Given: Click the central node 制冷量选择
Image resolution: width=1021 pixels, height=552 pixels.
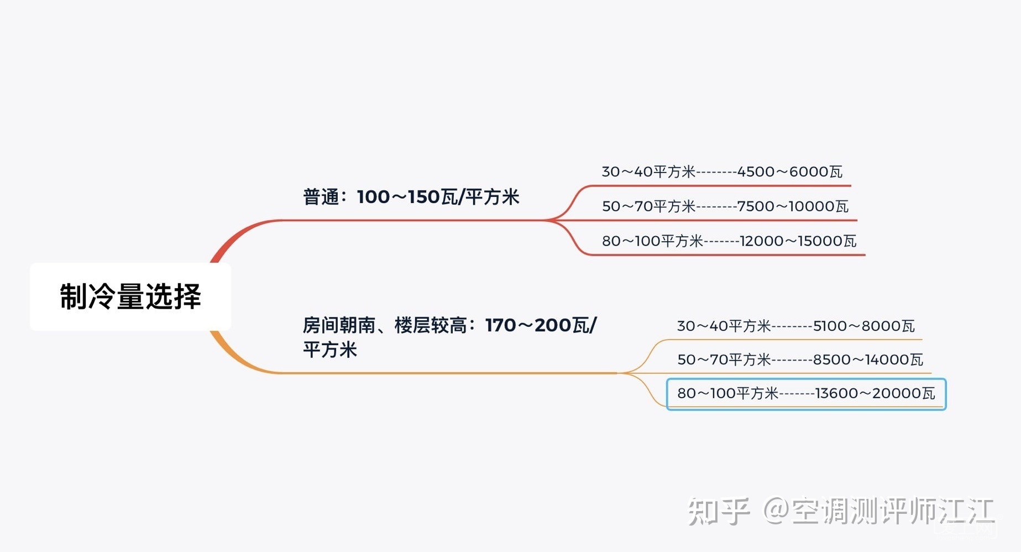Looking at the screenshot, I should pos(130,296).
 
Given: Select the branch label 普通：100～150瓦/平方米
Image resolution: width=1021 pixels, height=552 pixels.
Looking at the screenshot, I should pos(411,197).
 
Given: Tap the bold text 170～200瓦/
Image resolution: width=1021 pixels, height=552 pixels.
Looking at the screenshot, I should pos(540,325).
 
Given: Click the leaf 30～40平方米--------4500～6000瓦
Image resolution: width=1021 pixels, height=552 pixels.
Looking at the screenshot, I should pos(721,172).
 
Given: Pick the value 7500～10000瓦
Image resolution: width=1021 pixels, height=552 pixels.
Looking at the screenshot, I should pos(793,206).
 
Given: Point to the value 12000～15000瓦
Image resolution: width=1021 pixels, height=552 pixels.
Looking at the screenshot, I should pos(798,241).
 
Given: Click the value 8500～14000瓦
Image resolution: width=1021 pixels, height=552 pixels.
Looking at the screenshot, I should pos(868,360).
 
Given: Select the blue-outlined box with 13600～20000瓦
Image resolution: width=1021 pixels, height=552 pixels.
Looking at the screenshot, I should pos(806,394).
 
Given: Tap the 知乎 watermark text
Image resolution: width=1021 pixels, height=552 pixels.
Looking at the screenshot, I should pos(718,511).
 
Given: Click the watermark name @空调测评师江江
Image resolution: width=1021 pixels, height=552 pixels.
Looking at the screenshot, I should pos(878,511).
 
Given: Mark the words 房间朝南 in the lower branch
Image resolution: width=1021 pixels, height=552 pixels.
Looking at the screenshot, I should pos(339,325).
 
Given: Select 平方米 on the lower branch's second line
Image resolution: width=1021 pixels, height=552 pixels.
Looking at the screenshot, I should pos(330,350).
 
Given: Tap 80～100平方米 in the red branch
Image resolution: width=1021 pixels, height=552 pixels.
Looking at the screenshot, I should pos(652,241).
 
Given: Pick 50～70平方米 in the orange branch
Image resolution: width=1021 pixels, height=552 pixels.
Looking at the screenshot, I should pos(724,360).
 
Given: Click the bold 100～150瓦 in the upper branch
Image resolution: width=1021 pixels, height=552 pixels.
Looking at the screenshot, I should pos(408,197).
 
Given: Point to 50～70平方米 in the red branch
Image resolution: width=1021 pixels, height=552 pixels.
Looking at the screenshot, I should pos(648,206).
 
